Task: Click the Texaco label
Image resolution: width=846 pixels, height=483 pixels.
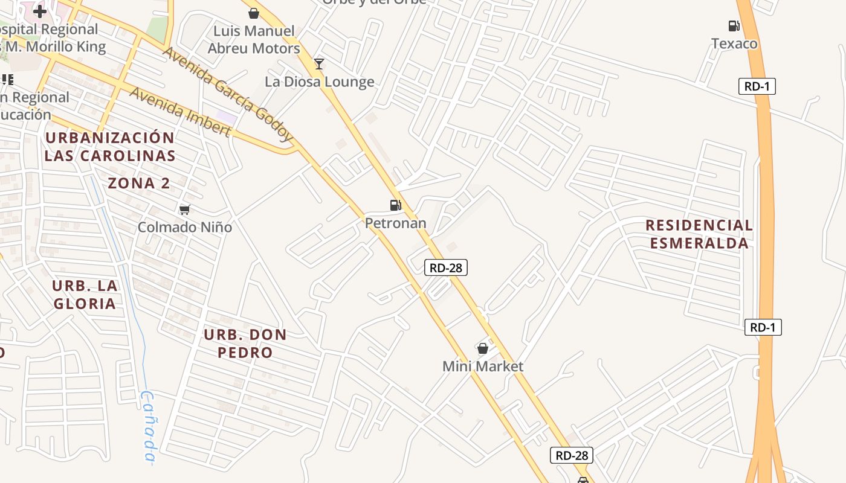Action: tap(734, 43)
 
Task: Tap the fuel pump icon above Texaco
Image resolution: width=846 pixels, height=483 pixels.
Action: tap(734, 25)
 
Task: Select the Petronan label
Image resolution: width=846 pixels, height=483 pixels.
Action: tap(395, 223)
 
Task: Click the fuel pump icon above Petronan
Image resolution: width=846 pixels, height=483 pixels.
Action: tap(396, 205)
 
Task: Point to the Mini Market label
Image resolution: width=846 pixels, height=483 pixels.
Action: tap(483, 366)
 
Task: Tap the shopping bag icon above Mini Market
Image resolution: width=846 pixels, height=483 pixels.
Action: tap(483, 348)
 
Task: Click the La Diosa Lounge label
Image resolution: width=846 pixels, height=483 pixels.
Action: tap(320, 82)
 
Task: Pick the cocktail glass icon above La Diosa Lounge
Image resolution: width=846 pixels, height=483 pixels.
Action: tap(319, 63)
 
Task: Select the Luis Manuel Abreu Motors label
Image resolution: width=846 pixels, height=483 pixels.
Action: tap(254, 39)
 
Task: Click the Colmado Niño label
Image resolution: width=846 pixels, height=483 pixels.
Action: tap(185, 228)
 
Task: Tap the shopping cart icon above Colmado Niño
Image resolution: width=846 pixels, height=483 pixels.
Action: tap(184, 210)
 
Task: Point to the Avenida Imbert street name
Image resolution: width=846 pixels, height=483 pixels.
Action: tap(180, 112)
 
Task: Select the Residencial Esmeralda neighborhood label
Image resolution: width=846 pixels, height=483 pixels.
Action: tap(699, 234)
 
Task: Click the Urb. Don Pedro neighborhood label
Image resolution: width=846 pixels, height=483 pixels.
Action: tap(245, 344)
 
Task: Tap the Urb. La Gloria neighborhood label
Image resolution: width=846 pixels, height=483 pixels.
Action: tap(85, 295)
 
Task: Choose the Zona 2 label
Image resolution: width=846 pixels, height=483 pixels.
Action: tap(139, 184)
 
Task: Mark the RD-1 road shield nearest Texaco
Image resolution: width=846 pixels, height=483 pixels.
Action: tap(757, 86)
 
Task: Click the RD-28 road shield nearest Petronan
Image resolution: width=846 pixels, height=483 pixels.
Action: tap(446, 267)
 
